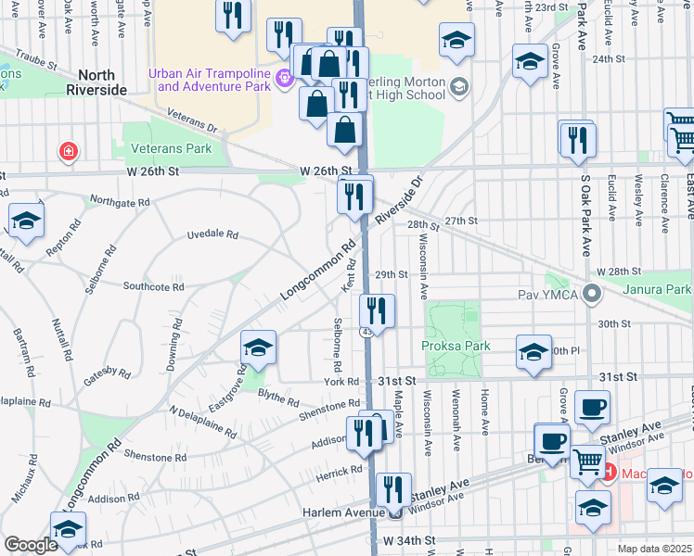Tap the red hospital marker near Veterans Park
(x=67, y=150)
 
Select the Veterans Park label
(x=172, y=148)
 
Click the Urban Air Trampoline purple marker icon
(x=286, y=80)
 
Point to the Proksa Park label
(x=455, y=346)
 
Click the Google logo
(x=31, y=544)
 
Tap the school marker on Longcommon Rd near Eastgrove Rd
(x=258, y=347)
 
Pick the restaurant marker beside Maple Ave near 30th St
(x=377, y=311)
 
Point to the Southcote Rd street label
(x=153, y=287)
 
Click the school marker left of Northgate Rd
(x=26, y=221)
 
